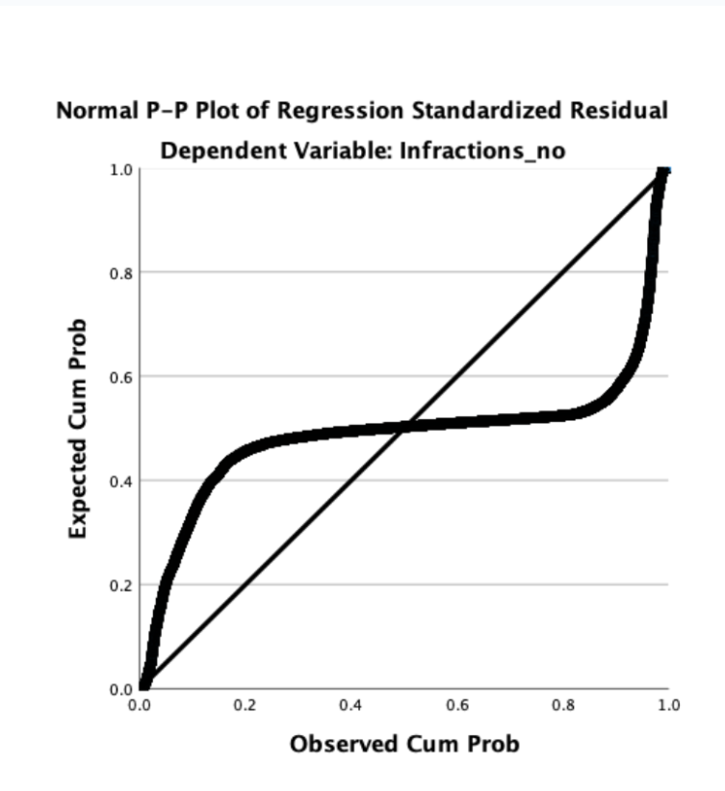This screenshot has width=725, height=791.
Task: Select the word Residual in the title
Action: [x=622, y=111]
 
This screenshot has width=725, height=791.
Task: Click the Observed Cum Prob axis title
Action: [x=404, y=744]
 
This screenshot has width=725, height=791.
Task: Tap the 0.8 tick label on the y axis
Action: [x=120, y=273]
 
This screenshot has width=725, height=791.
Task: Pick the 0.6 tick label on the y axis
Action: [x=120, y=377]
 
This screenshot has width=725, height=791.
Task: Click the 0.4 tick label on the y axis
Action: [x=120, y=481]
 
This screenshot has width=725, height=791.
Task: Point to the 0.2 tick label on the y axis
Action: [x=120, y=585]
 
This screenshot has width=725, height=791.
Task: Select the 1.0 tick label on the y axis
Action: [x=120, y=171]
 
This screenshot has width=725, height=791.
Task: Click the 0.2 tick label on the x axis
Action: [x=245, y=705]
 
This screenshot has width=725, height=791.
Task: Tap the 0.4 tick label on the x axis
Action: [x=350, y=705]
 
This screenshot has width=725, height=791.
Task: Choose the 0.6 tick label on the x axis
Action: [x=457, y=705]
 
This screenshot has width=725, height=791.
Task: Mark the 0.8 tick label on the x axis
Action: [x=563, y=705]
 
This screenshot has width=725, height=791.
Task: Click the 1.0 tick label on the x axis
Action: [x=668, y=705]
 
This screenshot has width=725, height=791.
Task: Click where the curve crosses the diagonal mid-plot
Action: [x=405, y=427]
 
